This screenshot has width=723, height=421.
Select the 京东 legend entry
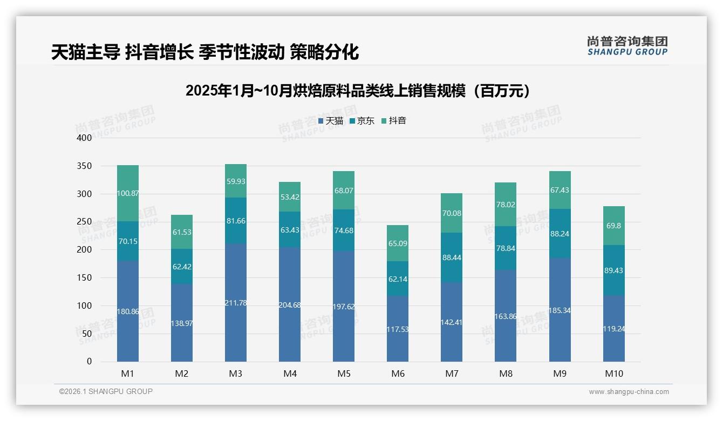tap(362, 121)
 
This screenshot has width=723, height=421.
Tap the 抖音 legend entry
tap(394, 121)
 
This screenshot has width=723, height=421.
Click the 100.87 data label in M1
tap(128, 193)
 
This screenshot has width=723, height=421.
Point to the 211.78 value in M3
tap(236, 303)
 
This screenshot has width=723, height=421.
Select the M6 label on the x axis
tap(398, 374)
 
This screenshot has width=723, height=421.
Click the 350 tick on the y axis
tap(85, 166)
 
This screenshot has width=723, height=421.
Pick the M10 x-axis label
tap(614, 374)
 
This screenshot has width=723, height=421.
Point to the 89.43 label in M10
tap(614, 270)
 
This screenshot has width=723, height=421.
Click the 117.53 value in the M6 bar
tap(398, 329)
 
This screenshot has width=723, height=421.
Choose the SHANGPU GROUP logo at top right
tap(627, 46)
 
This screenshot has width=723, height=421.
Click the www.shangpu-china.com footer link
tap(629, 392)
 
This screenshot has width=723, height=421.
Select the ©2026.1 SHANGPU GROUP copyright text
tap(106, 391)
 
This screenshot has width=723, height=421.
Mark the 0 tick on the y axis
tap(90, 362)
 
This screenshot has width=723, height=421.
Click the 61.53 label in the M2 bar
tap(182, 232)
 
